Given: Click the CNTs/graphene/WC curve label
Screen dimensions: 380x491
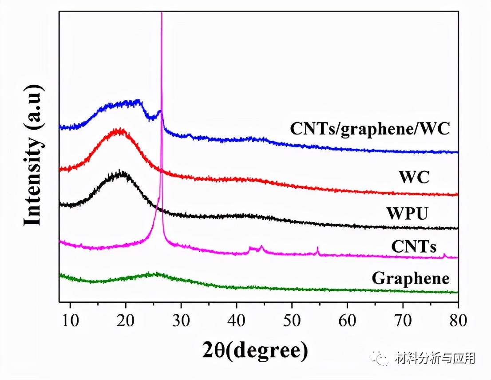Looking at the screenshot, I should pyautogui.click(x=370, y=129).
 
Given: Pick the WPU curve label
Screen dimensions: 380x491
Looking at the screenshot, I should pyautogui.click(x=407, y=213).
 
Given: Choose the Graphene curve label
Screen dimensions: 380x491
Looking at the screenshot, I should pyautogui.click(x=411, y=278).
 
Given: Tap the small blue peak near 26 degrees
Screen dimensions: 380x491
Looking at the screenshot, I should pyautogui.click(x=160, y=113).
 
